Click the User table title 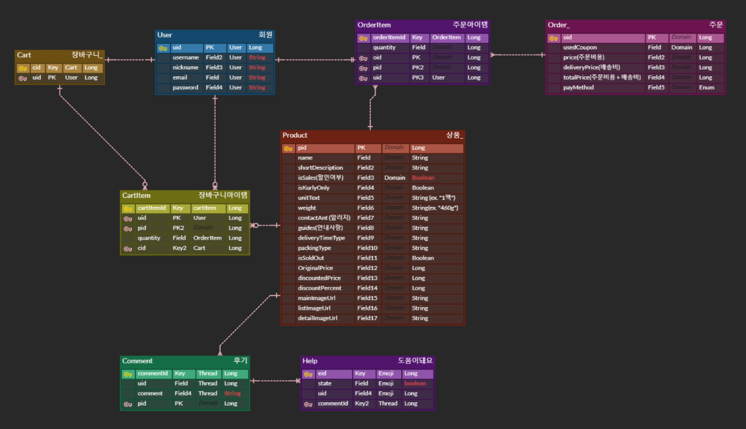pos(164,35)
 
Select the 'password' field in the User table pos(185,88)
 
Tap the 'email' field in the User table pos(180,77)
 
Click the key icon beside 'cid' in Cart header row pos(23,68)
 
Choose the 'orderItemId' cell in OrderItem pos(389,38)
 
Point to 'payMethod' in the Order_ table pos(578,88)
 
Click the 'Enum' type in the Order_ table pos(706,88)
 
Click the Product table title pos(295,136)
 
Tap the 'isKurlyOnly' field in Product pos(314,188)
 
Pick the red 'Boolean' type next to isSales pos(423,178)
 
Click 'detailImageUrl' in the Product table pos(318,318)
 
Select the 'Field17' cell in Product pos(367,318)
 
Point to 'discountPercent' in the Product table pos(319,288)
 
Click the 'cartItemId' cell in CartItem pos(151,208)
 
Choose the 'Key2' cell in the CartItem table pos(179,248)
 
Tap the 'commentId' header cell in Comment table pos(153,374)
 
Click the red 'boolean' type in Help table pos(415,384)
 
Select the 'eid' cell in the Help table pos(322,374)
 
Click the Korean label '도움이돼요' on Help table pos(415,361)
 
